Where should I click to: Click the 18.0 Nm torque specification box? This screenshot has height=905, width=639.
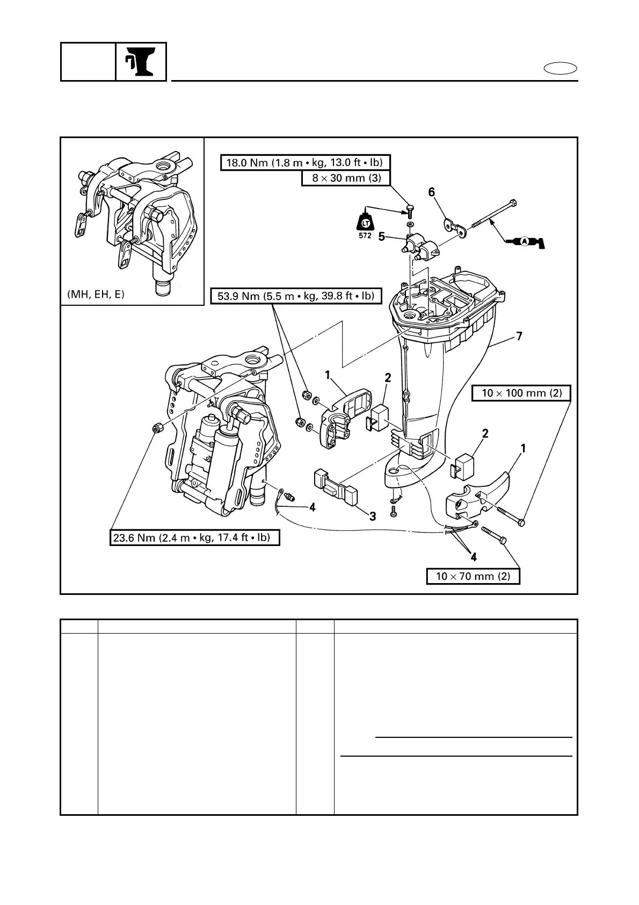tap(305, 162)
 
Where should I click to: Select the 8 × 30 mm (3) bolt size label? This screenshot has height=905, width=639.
tap(346, 178)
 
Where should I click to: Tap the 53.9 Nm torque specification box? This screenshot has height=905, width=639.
tap(296, 296)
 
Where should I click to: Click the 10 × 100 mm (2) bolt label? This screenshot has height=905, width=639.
tap(521, 393)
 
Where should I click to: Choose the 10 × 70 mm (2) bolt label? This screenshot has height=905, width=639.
tap(473, 577)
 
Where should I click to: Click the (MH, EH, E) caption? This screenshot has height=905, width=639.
tap(96, 295)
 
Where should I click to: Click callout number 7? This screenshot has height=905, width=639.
tap(519, 336)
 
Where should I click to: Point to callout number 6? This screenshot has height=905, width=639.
tap(431, 192)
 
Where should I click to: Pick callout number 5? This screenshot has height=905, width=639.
tap(381, 236)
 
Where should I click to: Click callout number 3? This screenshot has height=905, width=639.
tap(372, 516)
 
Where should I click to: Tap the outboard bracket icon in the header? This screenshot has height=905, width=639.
tap(141, 62)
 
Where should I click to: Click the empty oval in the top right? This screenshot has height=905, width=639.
tap(560, 69)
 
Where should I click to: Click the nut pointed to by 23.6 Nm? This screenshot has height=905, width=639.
tap(157, 428)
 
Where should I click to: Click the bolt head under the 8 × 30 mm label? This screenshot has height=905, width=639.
tap(411, 207)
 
